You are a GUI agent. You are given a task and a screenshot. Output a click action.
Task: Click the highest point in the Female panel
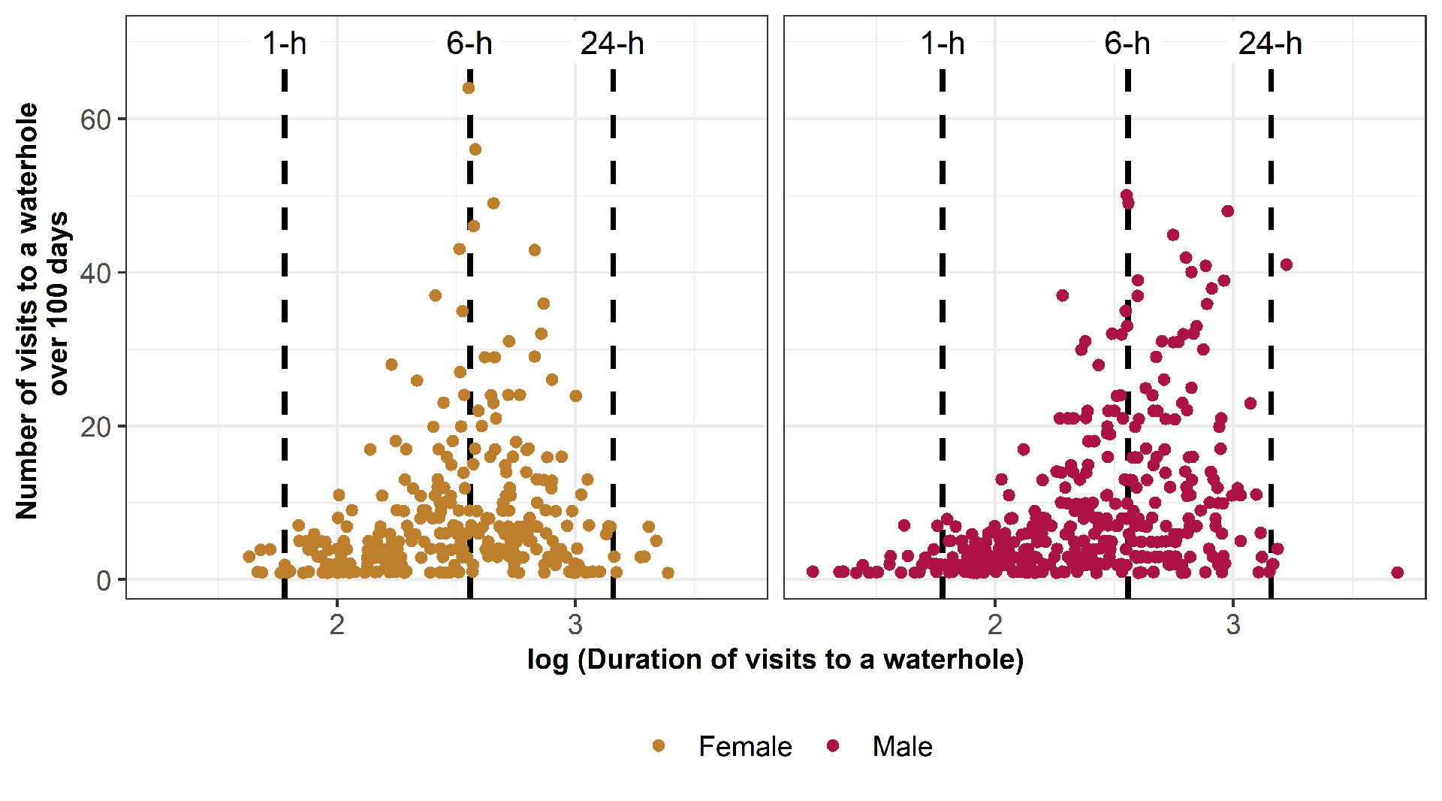pyautogui.click(x=469, y=88)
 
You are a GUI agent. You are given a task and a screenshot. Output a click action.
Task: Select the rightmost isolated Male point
pyautogui.click(x=1397, y=573)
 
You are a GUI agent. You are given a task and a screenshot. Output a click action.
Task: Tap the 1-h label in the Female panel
pyautogui.click(x=285, y=44)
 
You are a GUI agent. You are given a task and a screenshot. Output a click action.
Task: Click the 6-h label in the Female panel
pyautogui.click(x=469, y=44)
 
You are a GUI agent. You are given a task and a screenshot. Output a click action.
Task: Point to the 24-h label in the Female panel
pyautogui.click(x=612, y=44)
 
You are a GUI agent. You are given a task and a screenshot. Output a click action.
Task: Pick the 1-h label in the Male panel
pyautogui.click(x=943, y=44)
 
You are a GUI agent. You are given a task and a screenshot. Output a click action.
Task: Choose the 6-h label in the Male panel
pyautogui.click(x=1127, y=44)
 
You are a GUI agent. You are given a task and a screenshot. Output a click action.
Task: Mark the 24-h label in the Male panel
pyautogui.click(x=1270, y=44)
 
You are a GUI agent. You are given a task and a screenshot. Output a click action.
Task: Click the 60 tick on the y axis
pyautogui.click(x=95, y=119)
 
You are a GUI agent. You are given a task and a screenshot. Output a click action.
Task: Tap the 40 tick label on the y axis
pyautogui.click(x=95, y=273)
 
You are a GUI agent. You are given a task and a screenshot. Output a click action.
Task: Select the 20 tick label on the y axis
pyautogui.click(x=95, y=427)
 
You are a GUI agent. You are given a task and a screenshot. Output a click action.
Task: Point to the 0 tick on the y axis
pyautogui.click(x=104, y=580)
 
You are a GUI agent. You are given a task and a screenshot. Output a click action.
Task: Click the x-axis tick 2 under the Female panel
pyautogui.click(x=337, y=624)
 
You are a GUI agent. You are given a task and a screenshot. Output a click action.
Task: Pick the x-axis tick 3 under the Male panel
pyautogui.click(x=1233, y=624)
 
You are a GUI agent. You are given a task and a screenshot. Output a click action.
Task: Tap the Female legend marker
pyautogui.click(x=659, y=745)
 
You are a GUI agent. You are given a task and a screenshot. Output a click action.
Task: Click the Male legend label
pyautogui.click(x=902, y=746)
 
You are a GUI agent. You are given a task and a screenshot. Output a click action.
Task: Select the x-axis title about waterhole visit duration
pyautogui.click(x=775, y=659)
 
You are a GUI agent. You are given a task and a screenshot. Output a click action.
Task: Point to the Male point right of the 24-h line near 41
pyautogui.click(x=1287, y=264)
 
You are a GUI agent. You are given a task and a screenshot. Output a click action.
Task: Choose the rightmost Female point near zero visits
pyautogui.click(x=668, y=573)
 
